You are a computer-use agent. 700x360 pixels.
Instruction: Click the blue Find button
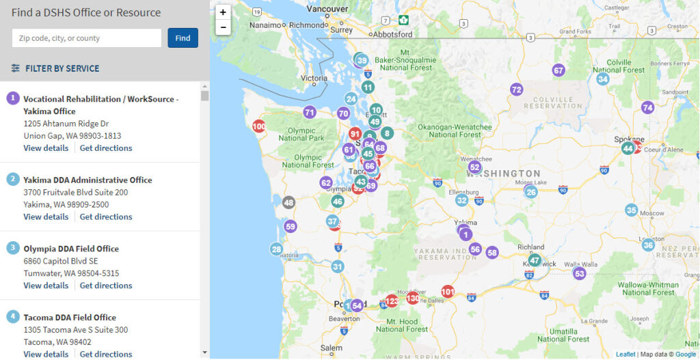(183, 38)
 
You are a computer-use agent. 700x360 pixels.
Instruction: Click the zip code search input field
(87, 38)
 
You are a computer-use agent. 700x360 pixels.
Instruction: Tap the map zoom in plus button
(223, 12)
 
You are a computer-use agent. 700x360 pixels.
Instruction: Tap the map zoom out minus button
(223, 27)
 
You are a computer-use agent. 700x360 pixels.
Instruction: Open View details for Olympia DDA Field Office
(46, 286)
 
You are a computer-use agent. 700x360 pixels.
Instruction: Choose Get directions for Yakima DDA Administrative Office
(106, 217)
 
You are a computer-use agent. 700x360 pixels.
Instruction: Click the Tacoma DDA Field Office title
(70, 317)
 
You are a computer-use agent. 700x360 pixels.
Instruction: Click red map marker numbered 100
(259, 126)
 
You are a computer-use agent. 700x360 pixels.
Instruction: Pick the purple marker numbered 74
(647, 107)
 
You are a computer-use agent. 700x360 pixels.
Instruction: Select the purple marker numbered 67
(558, 70)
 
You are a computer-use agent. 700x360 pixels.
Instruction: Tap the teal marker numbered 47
(535, 260)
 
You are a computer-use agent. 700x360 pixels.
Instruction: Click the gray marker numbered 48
(288, 202)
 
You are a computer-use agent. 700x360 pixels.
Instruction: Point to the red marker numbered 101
(448, 292)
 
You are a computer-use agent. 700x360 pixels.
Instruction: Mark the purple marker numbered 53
(580, 274)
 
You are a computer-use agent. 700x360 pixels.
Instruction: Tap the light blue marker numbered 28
(276, 249)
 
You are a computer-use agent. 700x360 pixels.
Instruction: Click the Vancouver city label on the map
(327, 9)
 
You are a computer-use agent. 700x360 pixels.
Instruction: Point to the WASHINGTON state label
(508, 174)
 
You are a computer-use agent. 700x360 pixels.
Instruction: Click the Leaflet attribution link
(625, 354)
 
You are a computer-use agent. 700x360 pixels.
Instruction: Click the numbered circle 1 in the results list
(13, 98)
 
